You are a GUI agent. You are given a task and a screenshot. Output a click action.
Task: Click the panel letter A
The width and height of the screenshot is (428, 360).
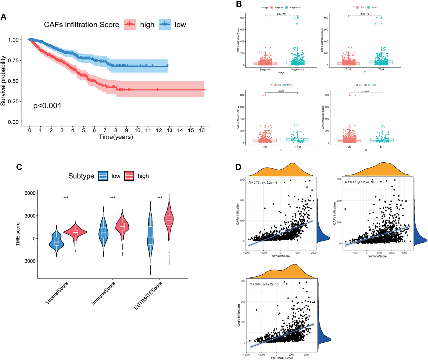tap(3, 17)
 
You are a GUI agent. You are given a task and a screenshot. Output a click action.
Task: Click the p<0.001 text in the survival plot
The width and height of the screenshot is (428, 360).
tap(47, 106)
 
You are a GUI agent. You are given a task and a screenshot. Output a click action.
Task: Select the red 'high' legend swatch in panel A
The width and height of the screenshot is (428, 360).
tap(130, 25)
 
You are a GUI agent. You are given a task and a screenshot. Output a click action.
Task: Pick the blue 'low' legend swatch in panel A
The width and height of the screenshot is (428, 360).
tap(165, 25)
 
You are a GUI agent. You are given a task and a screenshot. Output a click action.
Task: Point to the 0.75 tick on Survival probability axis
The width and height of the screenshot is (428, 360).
tap(13, 60)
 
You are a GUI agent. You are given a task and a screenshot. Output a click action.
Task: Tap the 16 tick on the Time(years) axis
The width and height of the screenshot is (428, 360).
tap(202, 130)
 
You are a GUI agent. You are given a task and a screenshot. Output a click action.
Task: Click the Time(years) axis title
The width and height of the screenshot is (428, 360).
tap(116, 137)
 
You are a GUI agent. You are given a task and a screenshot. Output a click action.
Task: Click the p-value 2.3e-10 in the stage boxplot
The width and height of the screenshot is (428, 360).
tap(281, 14)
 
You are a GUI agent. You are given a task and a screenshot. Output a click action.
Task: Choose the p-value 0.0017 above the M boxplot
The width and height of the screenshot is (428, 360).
tap(365, 91)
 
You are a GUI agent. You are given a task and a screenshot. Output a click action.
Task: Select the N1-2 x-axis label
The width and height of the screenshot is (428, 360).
tap(297, 147)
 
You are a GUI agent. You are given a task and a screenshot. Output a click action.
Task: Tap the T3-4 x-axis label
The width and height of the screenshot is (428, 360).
tap(381, 70)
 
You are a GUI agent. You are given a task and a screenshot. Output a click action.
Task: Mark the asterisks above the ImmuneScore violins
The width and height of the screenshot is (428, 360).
tap(113, 198)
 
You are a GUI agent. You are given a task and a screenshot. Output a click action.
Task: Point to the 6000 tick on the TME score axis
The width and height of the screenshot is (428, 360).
tap(30, 193)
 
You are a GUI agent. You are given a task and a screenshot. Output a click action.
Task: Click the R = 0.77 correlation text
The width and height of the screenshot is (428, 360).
tap(263, 183)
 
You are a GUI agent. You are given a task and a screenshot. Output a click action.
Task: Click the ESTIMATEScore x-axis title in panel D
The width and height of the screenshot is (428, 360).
tap(282, 358)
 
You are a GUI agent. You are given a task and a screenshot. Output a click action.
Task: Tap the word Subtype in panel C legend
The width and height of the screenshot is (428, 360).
tap(81, 176)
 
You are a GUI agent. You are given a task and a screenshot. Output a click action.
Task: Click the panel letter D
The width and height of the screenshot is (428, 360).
tap(238, 167)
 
